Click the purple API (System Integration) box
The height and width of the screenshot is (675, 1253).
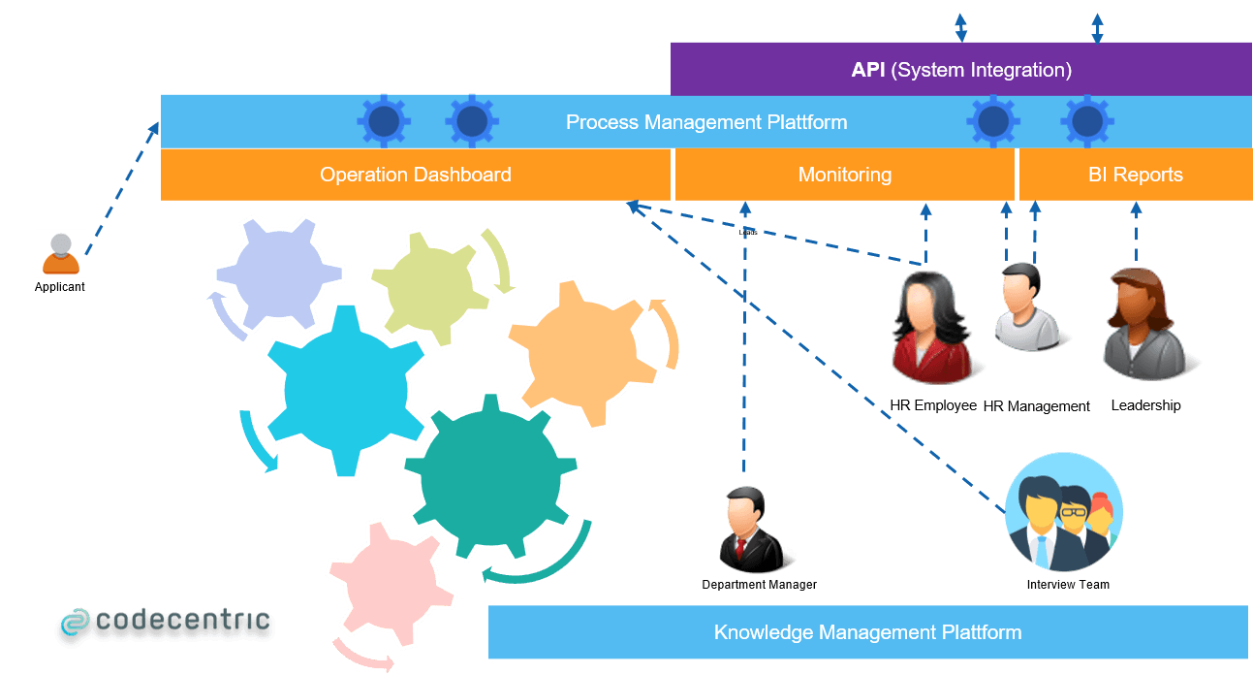[x=960, y=70]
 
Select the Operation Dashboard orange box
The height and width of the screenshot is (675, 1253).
[x=415, y=175]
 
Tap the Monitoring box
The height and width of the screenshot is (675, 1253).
[x=844, y=175]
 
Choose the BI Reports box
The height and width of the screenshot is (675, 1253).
[x=1135, y=175]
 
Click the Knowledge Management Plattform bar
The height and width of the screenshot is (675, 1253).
[x=867, y=632]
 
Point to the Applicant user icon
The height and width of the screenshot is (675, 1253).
[x=60, y=253]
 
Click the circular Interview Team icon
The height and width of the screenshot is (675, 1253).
[x=1064, y=511]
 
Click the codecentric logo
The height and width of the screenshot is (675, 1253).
[x=164, y=625]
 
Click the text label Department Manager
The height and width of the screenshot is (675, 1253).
[x=759, y=585]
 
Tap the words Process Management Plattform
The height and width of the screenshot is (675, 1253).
[x=706, y=122]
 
